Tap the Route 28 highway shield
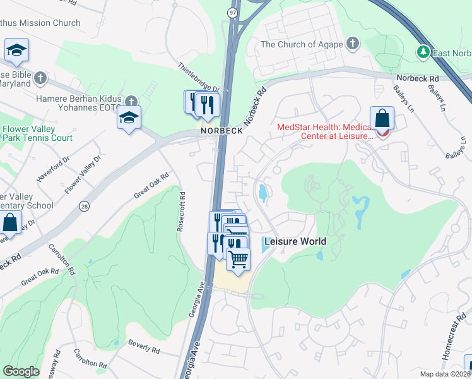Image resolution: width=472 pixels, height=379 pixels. point(84,206)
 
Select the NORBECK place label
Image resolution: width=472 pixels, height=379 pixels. point(217,130)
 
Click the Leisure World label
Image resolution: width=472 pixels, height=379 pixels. point(295,241)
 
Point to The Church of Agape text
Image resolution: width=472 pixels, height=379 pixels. point(302,44)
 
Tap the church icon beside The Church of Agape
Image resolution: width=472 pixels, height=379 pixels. point(352,44)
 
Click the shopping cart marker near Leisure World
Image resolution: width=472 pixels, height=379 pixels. point(238,260)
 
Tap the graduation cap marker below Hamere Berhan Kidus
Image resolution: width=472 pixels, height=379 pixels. point(129,117)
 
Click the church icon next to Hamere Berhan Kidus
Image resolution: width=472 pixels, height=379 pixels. point(131,101)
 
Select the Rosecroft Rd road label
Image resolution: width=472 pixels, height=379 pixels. point(180,211)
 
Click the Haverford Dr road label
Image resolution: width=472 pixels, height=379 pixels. point(52,169)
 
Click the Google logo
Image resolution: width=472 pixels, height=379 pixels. point(21,371)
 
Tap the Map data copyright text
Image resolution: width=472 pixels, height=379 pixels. point(445,374)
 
